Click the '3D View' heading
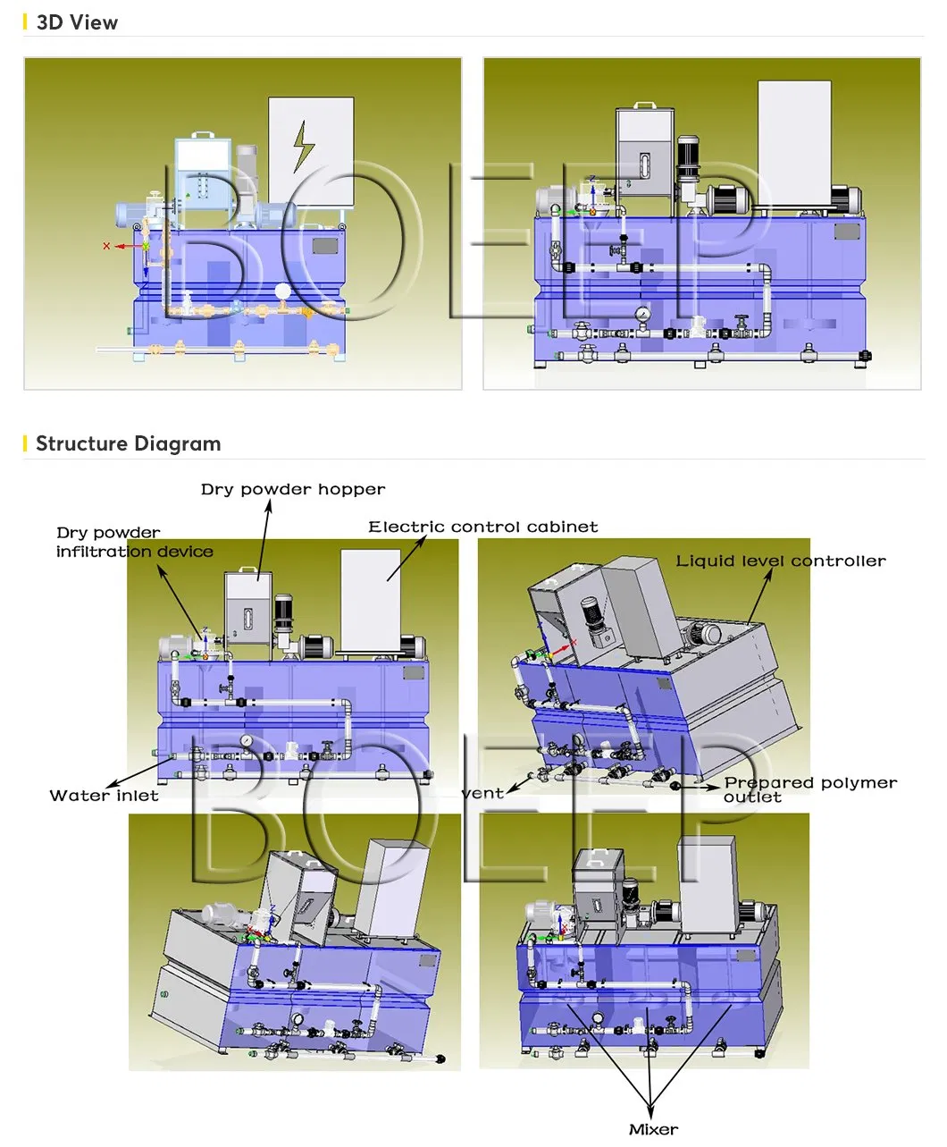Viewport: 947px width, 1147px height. [77, 23]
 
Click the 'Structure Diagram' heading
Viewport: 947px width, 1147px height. [128, 444]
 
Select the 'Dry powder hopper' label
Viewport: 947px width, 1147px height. [293, 490]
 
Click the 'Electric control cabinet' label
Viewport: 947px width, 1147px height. [483, 527]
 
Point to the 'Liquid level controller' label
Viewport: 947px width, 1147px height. [780, 561]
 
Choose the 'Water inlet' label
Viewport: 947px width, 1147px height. [104, 796]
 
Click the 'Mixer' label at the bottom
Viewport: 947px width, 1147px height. [653, 1129]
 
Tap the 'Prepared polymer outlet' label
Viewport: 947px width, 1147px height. [809, 789]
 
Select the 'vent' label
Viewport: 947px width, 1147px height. [483, 793]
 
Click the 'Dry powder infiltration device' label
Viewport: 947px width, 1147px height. [134, 543]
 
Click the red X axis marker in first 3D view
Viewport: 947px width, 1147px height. [107, 246]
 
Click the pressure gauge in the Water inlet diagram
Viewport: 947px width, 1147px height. [245, 741]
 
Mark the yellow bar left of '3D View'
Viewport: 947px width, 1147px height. [25, 23]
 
